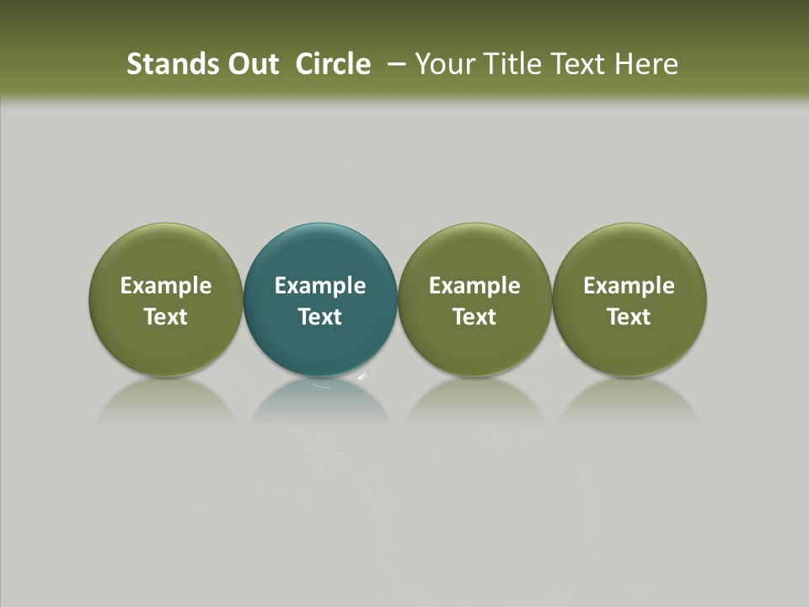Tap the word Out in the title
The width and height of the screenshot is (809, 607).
click(x=251, y=64)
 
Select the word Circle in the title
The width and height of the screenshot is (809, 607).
click(x=333, y=64)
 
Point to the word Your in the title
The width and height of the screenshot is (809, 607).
click(x=446, y=64)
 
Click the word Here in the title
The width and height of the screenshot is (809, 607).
click(x=646, y=64)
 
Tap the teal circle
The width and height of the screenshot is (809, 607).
click(x=320, y=253)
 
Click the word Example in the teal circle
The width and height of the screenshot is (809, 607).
click(x=320, y=286)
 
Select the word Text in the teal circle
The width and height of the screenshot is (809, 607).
click(x=320, y=317)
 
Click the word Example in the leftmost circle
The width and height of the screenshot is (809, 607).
click(x=166, y=286)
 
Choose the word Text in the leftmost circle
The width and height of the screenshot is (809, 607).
click(x=166, y=317)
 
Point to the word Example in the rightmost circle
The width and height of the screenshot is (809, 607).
click(x=629, y=286)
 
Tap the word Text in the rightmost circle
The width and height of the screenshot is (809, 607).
click(x=629, y=317)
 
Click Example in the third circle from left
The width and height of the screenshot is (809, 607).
click(x=474, y=286)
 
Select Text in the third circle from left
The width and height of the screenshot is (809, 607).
click(x=474, y=317)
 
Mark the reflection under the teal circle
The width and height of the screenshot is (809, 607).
click(x=320, y=400)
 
